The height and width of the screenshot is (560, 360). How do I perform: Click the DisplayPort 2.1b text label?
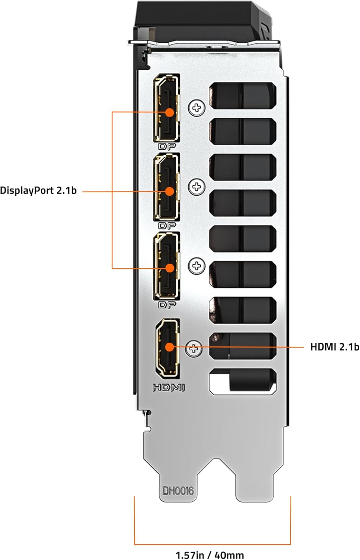[x=38, y=190]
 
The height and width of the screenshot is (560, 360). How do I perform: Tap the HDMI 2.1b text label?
[x=335, y=347]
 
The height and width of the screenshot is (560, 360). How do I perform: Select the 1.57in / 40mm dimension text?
[x=210, y=555]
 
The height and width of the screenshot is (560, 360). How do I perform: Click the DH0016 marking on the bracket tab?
[x=178, y=490]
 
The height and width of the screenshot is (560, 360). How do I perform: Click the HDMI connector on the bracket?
[x=168, y=348]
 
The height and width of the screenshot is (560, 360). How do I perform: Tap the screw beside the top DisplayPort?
[x=197, y=108]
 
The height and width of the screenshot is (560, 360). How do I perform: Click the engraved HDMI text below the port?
[x=168, y=388]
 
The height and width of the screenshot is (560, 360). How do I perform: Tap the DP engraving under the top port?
[x=167, y=146]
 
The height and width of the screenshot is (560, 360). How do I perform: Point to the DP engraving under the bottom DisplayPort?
[x=167, y=305]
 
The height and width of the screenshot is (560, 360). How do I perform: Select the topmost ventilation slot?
[x=243, y=96]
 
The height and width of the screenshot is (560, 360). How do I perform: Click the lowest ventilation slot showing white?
[x=243, y=382]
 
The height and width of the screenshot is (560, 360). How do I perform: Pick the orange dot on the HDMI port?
[x=170, y=347]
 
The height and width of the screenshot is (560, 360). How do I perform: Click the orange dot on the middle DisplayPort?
[x=170, y=191]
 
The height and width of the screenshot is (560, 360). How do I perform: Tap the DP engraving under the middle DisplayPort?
[x=167, y=225]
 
